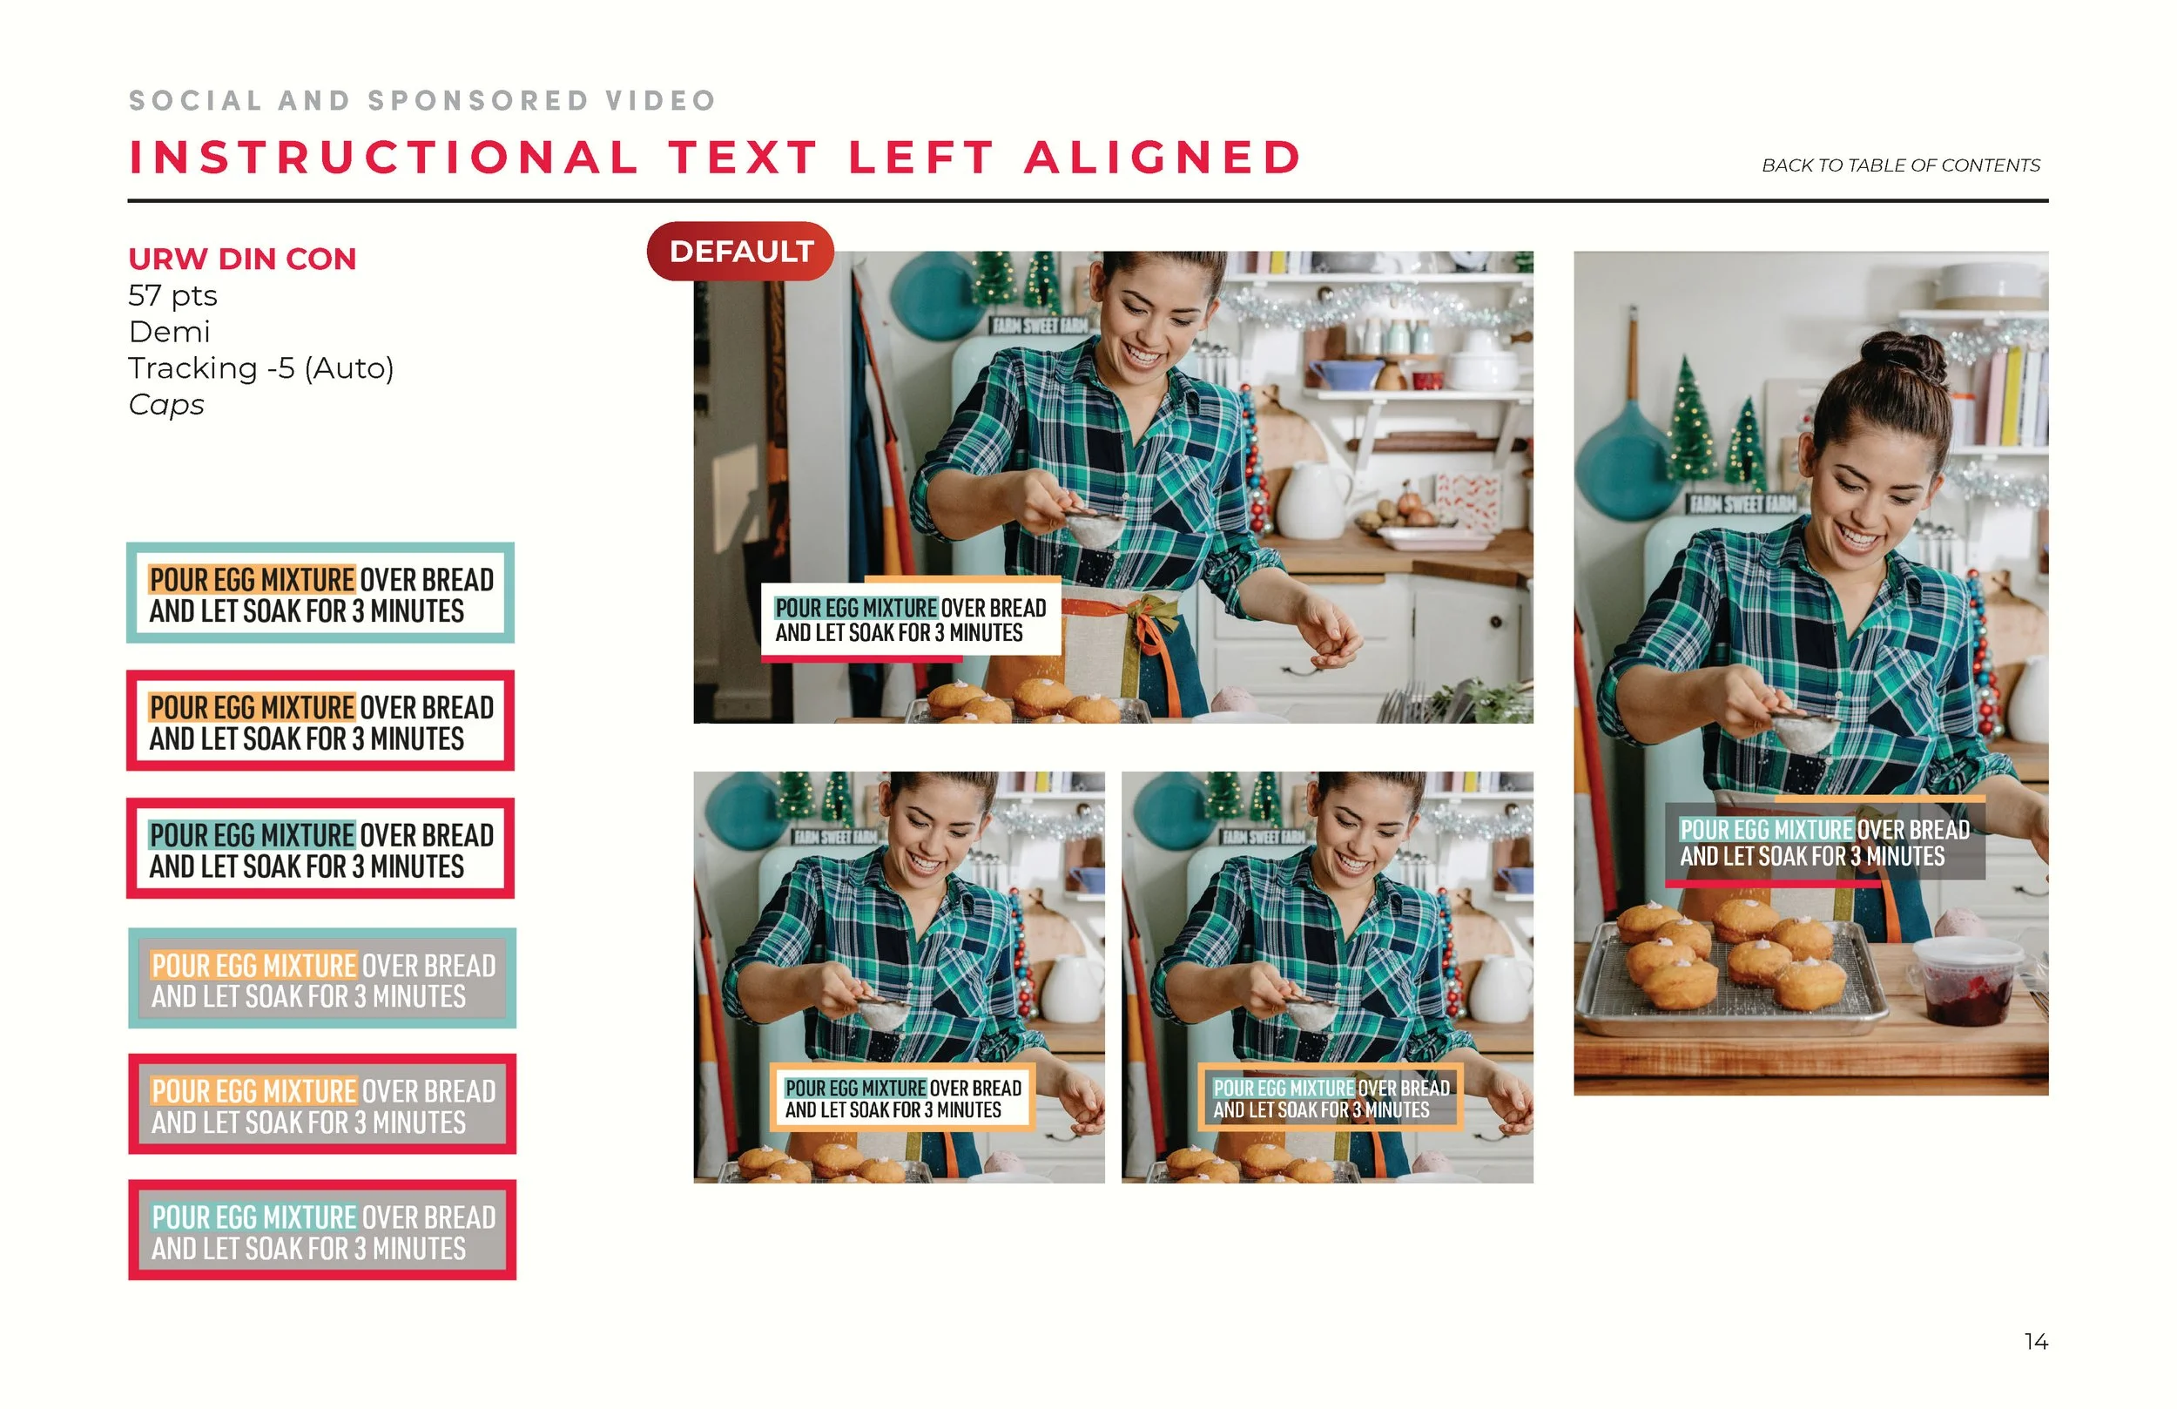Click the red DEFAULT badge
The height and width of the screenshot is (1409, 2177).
click(x=740, y=251)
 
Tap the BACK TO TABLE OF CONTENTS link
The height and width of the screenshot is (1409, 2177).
click(x=1901, y=165)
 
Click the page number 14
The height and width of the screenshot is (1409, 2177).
click(x=2036, y=1341)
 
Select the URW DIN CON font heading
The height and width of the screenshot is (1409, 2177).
click(x=242, y=259)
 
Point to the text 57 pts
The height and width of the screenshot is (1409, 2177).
click(x=173, y=295)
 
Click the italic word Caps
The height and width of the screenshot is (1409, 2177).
click(x=165, y=404)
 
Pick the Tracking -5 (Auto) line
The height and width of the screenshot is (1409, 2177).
click(x=260, y=367)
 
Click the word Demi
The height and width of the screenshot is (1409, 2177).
click(x=169, y=331)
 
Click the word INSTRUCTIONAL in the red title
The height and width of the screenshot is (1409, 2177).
click(x=383, y=158)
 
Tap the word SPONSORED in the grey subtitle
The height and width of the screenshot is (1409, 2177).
click(x=478, y=100)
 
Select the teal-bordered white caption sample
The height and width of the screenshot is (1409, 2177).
click(x=320, y=593)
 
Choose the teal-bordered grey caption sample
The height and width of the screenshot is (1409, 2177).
click(x=322, y=978)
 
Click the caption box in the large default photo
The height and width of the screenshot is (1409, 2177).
click(x=911, y=618)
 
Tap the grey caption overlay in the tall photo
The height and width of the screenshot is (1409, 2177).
click(x=1825, y=842)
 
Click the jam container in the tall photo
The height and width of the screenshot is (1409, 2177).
click(x=1966, y=981)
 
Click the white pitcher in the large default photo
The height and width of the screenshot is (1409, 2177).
click(x=1313, y=500)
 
